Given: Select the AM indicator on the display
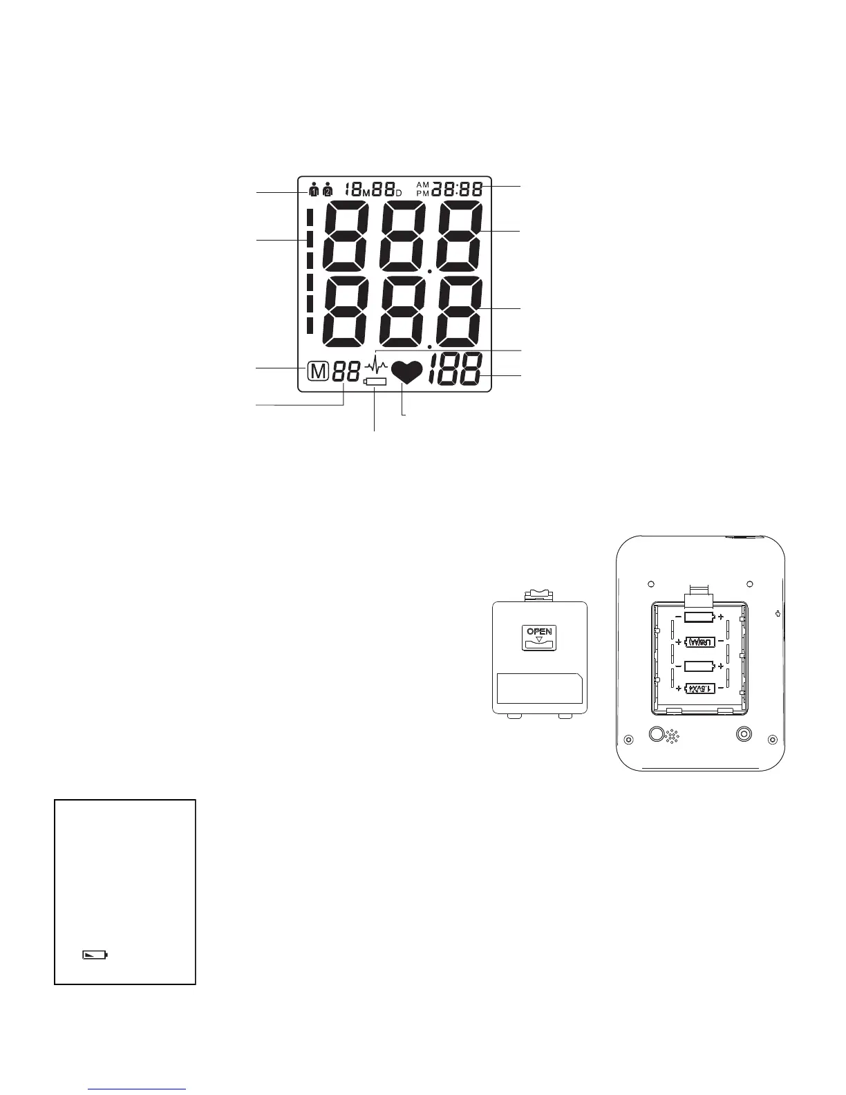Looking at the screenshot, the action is pyautogui.click(x=423, y=185).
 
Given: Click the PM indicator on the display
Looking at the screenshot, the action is pyautogui.click(x=423, y=193).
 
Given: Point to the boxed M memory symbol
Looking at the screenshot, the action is pyautogui.click(x=317, y=372).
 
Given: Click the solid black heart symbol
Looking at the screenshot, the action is pyautogui.click(x=406, y=373).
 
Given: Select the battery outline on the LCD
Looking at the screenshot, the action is pyautogui.click(x=375, y=382).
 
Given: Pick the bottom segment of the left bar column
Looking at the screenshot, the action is pyautogui.click(x=310, y=326).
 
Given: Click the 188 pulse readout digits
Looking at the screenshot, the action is pyautogui.click(x=455, y=370).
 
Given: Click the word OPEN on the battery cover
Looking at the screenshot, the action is pyautogui.click(x=539, y=631).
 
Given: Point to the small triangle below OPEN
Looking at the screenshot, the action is pyautogui.click(x=539, y=639).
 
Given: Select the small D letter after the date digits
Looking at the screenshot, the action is pyautogui.click(x=399, y=192).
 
